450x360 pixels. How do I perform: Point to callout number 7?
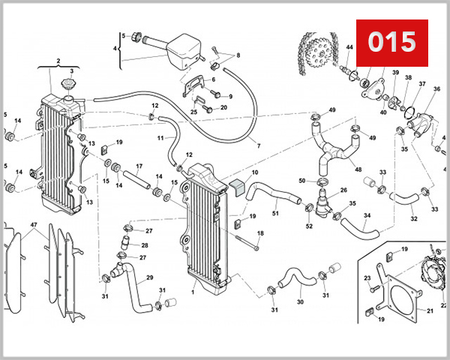click(259, 145)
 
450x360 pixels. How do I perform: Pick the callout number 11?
click(160, 139)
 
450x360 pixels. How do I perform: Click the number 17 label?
click(139, 166)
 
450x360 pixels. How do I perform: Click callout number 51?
click(274, 213)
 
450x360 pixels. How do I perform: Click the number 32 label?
click(413, 219)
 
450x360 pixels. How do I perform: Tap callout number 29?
click(149, 278)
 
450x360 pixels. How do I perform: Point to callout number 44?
click(349, 47)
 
